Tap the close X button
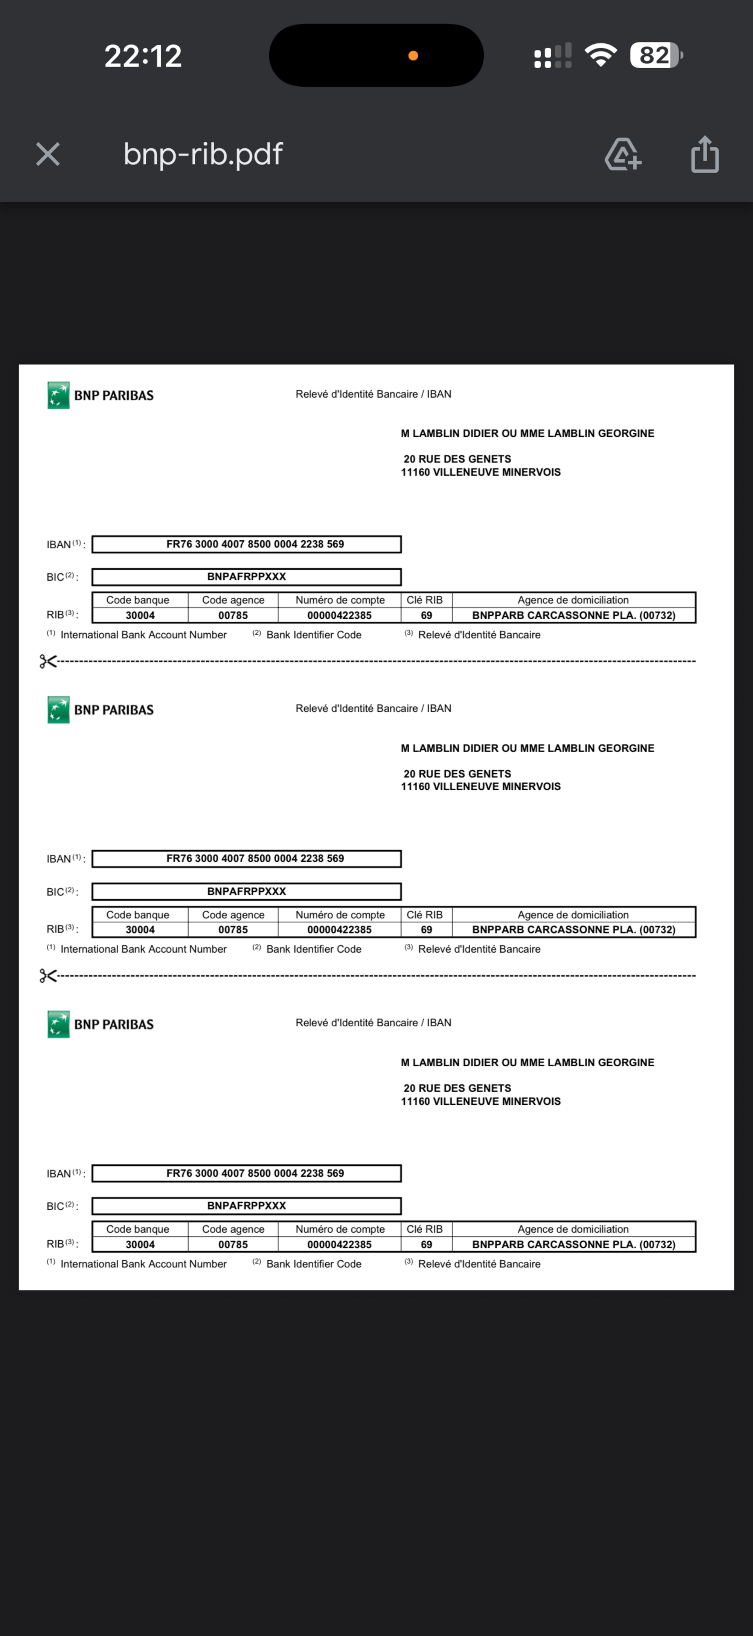point(47,154)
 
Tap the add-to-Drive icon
point(622,154)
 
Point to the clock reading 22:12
point(143,56)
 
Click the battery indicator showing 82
point(655,55)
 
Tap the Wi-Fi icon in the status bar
point(600,55)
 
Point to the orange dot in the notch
point(413,56)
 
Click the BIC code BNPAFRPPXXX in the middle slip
point(246,891)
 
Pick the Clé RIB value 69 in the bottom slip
point(426,1244)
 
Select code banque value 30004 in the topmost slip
point(140,615)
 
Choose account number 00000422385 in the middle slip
point(339,930)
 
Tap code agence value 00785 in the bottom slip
point(233,1244)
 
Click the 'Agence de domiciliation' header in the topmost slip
point(573,600)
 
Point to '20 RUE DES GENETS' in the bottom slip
point(457,1088)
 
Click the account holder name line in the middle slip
point(527,748)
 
